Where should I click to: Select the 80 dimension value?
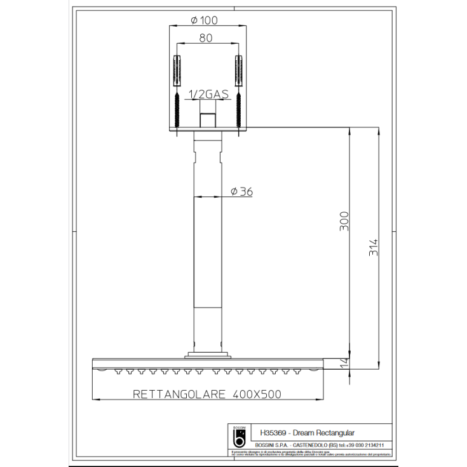[x=206, y=38]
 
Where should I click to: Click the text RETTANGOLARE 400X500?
[x=206, y=394]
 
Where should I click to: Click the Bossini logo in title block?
[x=240, y=437]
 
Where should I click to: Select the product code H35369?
[x=273, y=431]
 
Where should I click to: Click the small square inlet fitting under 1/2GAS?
[x=206, y=119]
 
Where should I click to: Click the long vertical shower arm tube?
[x=206, y=254]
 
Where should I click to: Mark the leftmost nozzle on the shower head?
[x=116, y=372]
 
